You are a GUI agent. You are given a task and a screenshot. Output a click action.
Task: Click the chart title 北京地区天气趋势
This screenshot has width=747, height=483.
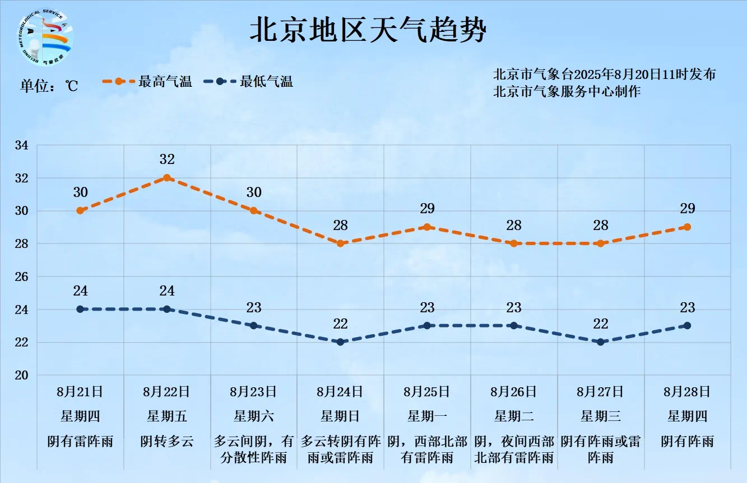click(368, 30)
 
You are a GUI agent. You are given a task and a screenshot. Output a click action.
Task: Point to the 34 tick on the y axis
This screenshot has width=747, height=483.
click(21, 146)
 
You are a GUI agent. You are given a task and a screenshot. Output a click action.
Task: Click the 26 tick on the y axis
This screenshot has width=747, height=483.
click(21, 277)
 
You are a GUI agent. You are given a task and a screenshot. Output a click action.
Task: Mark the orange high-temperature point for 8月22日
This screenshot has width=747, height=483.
click(167, 178)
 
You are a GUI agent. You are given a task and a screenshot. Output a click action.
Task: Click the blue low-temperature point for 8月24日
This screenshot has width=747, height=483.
click(340, 342)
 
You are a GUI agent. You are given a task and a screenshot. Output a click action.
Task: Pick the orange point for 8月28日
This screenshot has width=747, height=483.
click(688, 227)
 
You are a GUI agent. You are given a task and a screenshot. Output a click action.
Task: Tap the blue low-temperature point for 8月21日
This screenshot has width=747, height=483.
click(80, 309)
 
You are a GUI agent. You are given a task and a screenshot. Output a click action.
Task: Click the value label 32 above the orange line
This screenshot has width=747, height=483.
click(167, 160)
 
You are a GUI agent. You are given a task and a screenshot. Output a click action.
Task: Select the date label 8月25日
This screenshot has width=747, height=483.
click(426, 391)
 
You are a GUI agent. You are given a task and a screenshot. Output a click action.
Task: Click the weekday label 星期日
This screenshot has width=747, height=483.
click(340, 416)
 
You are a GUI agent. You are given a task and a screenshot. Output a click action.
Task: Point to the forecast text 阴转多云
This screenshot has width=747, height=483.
click(167, 441)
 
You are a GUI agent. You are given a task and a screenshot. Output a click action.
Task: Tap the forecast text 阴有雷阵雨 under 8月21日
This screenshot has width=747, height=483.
click(80, 441)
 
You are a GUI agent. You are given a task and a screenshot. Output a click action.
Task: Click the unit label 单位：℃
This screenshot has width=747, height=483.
click(49, 86)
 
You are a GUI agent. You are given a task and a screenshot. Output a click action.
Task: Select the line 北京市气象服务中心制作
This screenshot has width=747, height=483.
click(567, 92)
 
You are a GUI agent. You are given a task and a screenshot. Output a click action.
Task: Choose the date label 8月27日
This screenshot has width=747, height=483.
click(600, 391)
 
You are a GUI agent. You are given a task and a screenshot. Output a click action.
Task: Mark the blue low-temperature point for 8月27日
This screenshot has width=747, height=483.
click(601, 342)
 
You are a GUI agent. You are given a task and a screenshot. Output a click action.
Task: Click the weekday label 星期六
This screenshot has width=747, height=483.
click(253, 416)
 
